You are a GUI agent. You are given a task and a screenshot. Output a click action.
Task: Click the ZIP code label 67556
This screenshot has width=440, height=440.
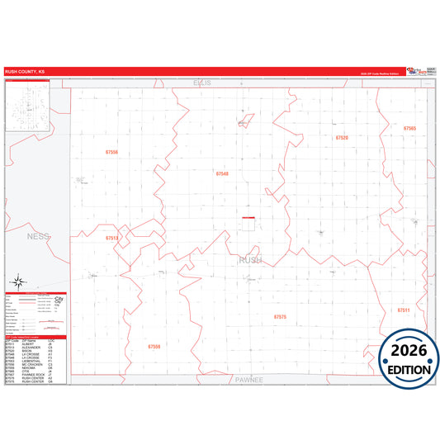112,152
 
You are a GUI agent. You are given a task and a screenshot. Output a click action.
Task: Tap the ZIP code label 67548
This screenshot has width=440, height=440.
222,173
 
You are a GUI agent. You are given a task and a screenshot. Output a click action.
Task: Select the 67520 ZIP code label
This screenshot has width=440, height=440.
342,138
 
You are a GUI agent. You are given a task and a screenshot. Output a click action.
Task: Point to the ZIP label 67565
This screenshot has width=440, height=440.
410,129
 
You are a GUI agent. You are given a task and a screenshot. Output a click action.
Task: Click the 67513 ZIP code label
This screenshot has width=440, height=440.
112,238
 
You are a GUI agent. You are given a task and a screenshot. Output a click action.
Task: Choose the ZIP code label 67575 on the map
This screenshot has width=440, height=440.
280,316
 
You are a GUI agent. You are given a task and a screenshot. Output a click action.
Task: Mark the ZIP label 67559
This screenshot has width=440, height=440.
154,347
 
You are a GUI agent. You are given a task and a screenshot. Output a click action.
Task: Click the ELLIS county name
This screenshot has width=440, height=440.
202,83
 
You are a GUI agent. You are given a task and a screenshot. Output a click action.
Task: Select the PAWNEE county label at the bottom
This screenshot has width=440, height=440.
248,381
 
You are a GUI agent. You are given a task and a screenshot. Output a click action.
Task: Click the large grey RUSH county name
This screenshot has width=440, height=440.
250,260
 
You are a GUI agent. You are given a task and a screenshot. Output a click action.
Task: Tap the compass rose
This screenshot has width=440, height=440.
18,281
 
